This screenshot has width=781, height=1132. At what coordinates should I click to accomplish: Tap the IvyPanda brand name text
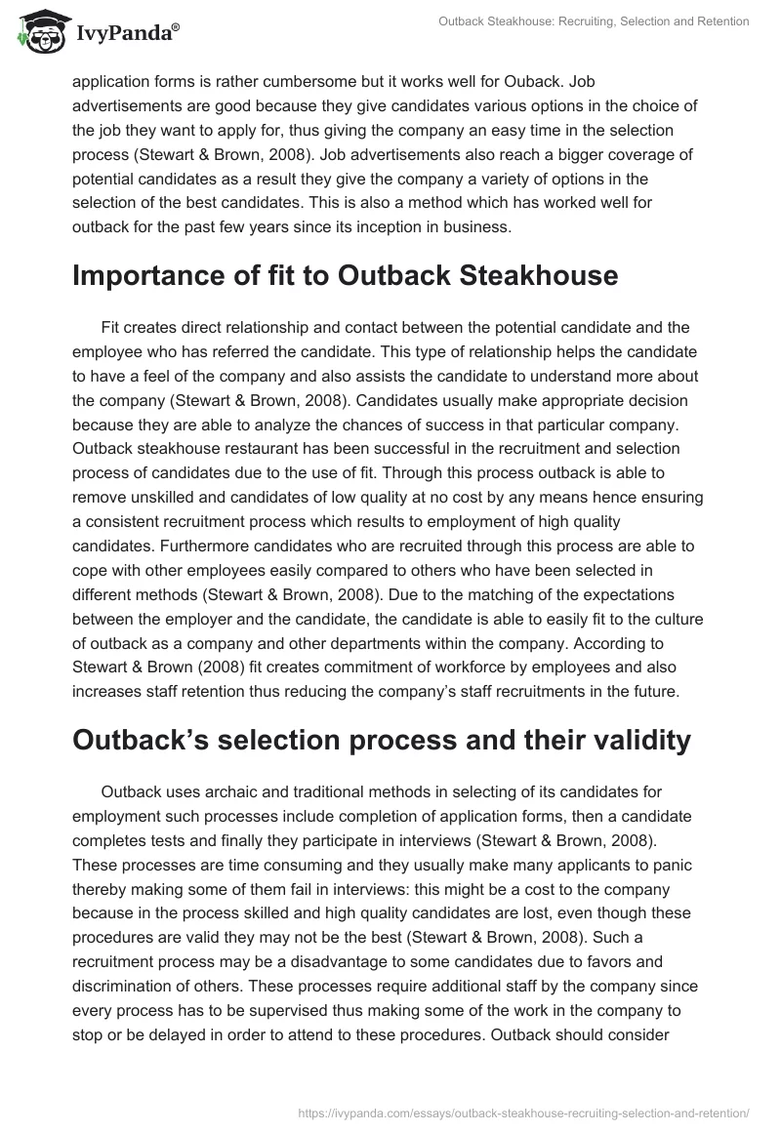pos(128,33)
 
